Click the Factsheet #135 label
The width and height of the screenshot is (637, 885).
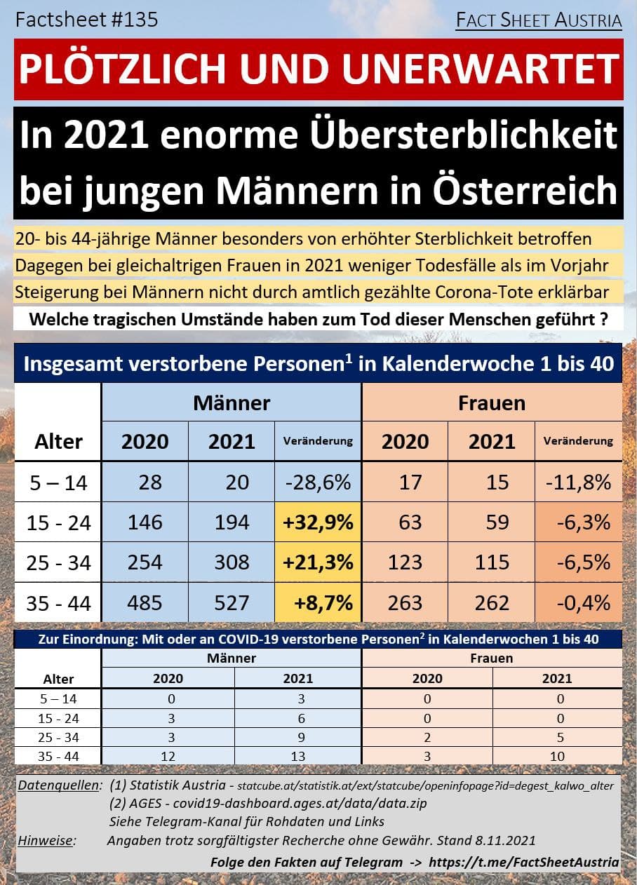tap(87, 20)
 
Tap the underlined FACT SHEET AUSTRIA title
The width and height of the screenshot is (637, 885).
tap(538, 21)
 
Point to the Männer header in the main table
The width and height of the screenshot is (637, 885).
tap(232, 403)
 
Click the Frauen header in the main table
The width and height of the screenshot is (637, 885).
tap(491, 403)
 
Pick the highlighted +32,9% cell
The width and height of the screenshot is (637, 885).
tap(318, 522)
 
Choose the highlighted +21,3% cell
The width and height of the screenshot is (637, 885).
tap(318, 562)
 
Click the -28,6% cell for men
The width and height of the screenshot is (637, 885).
tap(318, 482)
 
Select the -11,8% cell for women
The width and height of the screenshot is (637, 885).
tap(578, 482)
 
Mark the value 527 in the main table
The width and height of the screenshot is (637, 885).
tap(232, 602)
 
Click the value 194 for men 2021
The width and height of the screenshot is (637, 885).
tap(232, 522)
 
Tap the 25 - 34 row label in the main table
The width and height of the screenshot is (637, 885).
tap(58, 562)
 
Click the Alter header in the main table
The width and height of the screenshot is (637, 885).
tap(58, 441)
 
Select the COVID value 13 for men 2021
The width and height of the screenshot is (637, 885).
tap(298, 757)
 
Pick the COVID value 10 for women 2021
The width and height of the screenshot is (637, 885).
tap(557, 757)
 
